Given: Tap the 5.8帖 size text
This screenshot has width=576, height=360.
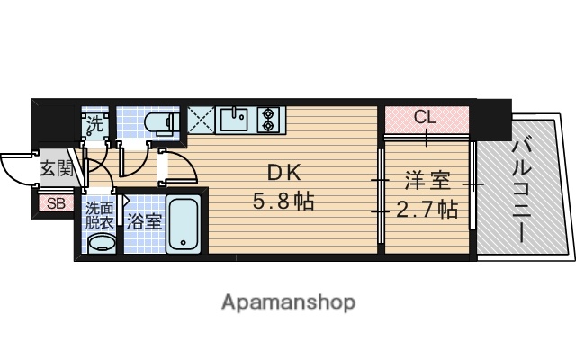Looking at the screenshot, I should click(283, 202).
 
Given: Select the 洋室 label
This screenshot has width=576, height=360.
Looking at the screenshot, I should click(426, 181).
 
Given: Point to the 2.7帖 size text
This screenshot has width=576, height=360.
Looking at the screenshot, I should click(427, 211).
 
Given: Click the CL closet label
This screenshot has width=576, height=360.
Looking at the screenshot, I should click(426, 118).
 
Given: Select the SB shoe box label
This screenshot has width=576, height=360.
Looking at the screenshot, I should click(56, 203).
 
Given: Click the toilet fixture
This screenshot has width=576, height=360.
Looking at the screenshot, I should click(163, 125).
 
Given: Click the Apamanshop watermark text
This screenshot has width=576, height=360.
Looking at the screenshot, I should click(288, 301).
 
